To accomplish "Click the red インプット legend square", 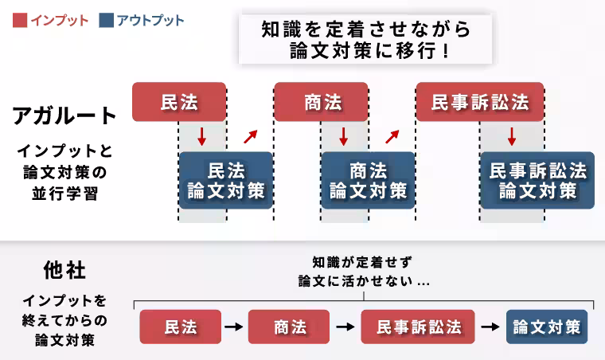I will [19, 20].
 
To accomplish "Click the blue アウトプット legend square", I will [107, 20].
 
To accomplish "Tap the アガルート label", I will [65, 115].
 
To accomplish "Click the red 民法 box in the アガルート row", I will [179, 102].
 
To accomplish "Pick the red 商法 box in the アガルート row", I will [322, 102].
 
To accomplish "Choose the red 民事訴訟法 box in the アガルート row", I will [479, 102].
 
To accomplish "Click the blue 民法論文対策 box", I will [226, 181].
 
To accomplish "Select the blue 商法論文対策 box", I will [368, 181].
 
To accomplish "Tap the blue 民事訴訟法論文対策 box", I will [537, 181].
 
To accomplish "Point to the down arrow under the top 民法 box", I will [202, 136].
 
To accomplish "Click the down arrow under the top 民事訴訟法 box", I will [512, 136].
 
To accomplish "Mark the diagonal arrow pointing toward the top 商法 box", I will [251, 136].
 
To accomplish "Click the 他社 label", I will [64, 270].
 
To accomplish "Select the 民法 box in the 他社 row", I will [181, 327].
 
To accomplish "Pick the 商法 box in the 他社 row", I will [289, 327].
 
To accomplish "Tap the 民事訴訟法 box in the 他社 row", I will [418, 327].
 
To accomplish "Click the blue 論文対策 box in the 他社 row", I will [547, 327].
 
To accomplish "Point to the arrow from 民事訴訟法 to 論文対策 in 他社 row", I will [490, 327].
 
